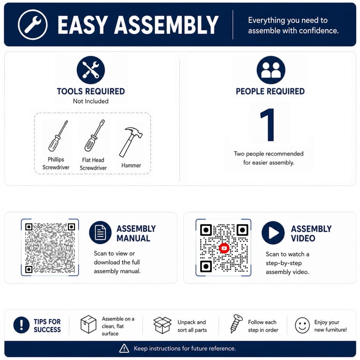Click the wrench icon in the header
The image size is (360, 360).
coord(33,24)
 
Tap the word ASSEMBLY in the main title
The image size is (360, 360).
coord(166,25)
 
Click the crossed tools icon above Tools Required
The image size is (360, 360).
coord(90,70)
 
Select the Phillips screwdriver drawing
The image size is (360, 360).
coord(58,136)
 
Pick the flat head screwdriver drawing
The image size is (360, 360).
coord(95,135)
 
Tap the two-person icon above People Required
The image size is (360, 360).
coord(271,70)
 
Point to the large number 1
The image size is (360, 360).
coord(268,125)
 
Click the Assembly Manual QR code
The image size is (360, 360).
coord(50,247)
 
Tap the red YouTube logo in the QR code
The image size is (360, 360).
coord(224,248)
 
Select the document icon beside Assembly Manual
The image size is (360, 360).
coord(100,232)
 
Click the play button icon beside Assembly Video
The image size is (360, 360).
coord(273,232)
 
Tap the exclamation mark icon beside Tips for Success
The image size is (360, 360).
coord(22,325)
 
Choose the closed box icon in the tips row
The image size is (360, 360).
coord(89,324)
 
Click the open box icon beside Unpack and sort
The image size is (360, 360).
coord(162,325)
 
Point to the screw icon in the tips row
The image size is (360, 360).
coord(236,324)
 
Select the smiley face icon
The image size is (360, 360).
coord(302,325)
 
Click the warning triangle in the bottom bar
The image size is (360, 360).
coord(124,348)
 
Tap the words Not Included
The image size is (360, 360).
coord(90,101)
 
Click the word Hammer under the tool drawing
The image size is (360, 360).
coord(131,165)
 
